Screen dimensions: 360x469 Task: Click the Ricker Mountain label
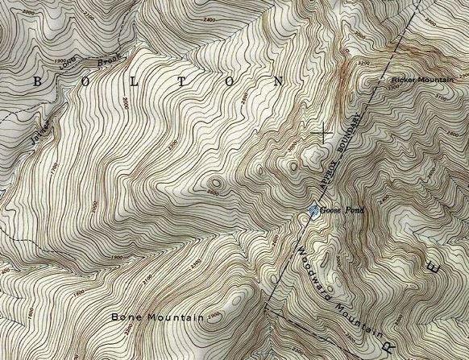click(422, 80)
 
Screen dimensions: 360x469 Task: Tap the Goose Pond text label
click(342, 210)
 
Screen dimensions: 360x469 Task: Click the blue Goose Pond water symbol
click(313, 211)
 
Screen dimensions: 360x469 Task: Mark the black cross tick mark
click(326, 134)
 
